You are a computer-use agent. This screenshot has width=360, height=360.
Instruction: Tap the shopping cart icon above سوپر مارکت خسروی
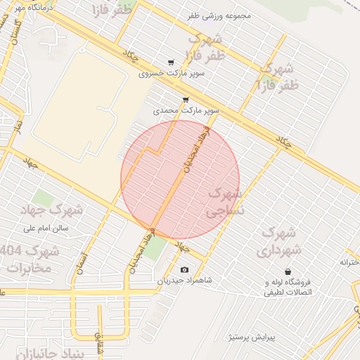(171, 62)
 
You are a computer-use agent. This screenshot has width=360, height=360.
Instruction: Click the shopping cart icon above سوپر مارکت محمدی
(186, 100)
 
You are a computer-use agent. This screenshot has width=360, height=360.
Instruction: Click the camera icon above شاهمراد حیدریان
(184, 270)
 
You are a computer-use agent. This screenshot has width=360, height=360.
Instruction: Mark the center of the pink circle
(180, 179)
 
